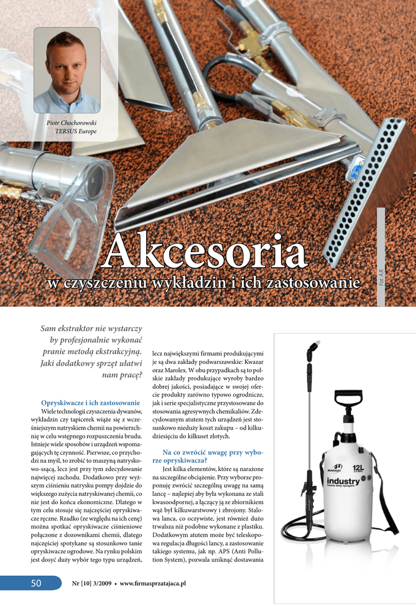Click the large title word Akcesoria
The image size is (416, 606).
[205, 252]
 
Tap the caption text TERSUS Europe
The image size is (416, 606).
[75, 131]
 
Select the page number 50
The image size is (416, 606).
[36, 583]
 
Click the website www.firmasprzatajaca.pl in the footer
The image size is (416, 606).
[153, 583]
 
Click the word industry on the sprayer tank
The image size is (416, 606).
[343, 481]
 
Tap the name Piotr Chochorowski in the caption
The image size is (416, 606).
[72, 123]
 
